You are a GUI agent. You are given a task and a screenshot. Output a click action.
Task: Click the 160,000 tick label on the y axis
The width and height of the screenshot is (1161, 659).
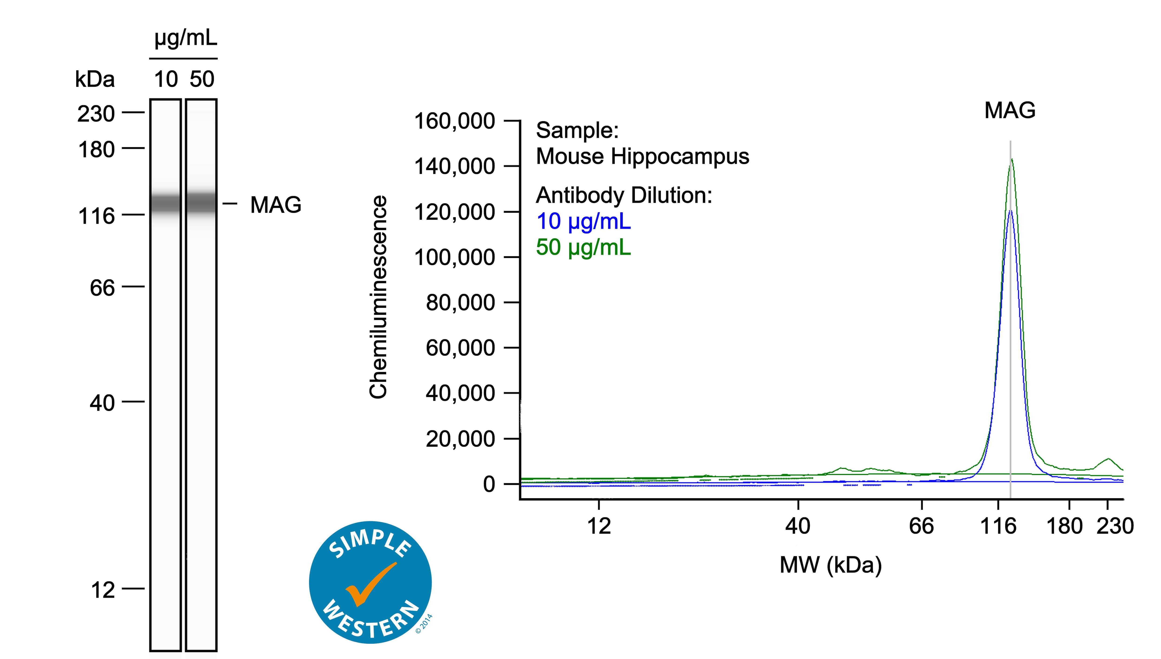(x=454, y=121)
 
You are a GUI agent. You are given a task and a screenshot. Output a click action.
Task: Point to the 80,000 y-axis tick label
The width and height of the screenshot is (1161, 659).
(x=460, y=302)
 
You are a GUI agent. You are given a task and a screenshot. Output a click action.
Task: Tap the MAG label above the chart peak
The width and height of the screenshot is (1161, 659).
(x=1010, y=110)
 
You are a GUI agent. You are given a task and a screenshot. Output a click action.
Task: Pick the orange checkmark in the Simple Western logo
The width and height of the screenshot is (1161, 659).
(x=369, y=584)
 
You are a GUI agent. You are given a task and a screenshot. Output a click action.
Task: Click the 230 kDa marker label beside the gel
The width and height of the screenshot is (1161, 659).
(x=96, y=114)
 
